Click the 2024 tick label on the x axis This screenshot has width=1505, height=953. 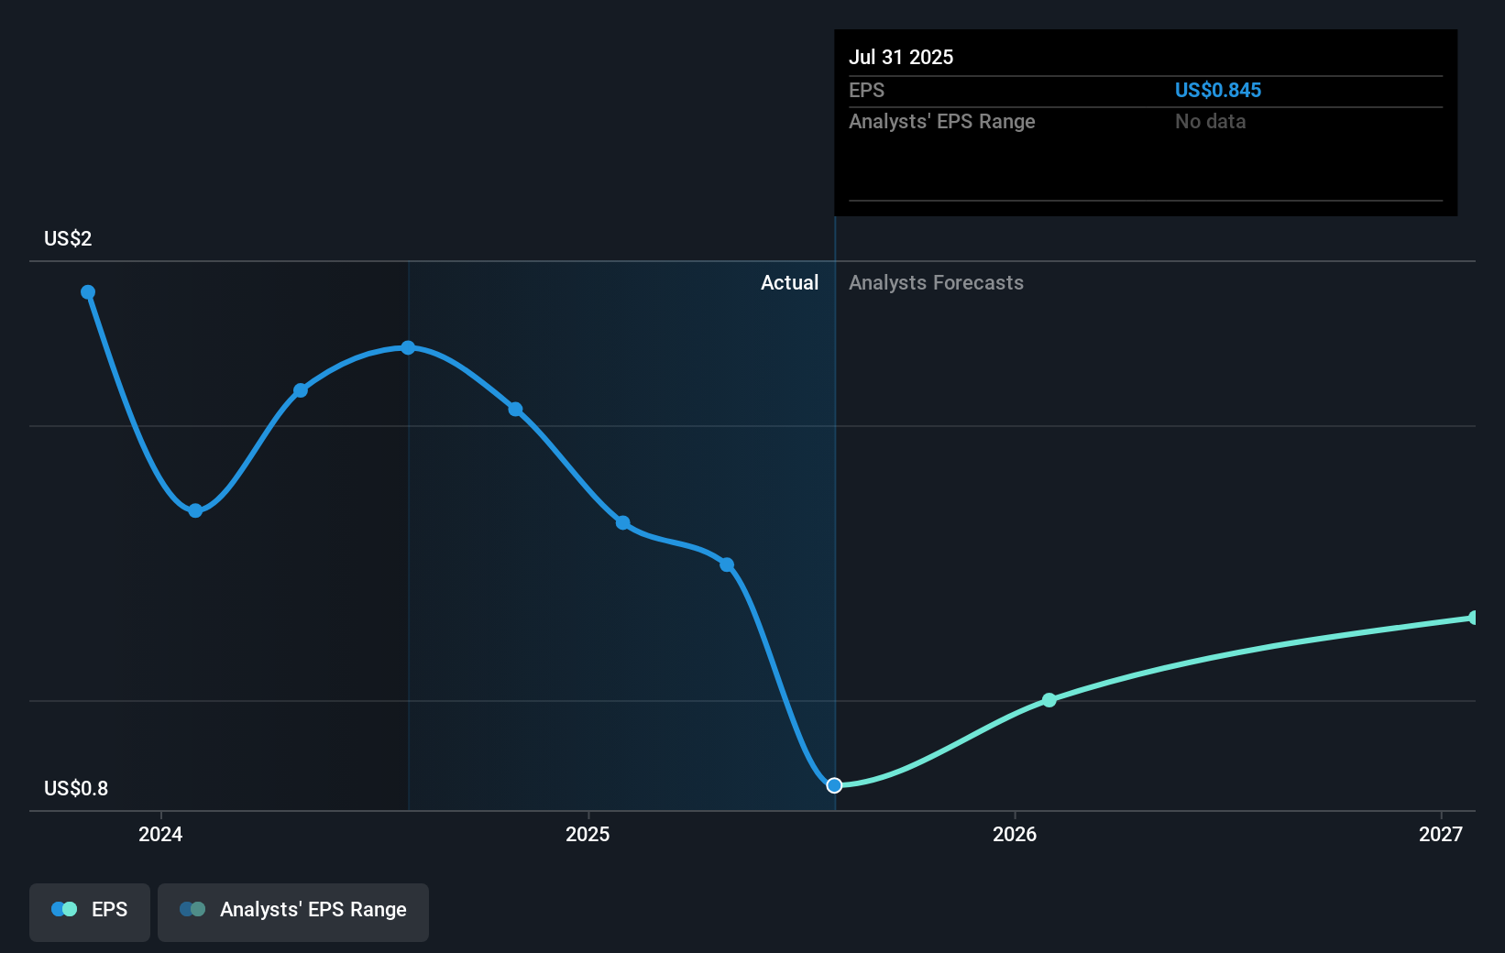tap(160, 834)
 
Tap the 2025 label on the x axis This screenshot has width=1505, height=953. tap(588, 834)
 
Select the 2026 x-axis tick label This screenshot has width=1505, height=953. tap(1015, 834)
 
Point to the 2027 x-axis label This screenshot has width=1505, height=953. tap(1441, 834)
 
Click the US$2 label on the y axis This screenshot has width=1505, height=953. tap(68, 239)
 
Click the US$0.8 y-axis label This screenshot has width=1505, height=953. tap(76, 789)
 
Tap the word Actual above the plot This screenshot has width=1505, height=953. tap(789, 283)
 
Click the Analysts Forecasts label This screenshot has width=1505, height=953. tap(936, 283)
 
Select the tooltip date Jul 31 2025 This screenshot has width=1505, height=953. tap(901, 57)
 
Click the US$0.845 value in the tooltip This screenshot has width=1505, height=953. tap(1217, 90)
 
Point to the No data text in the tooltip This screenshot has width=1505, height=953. tap(1210, 122)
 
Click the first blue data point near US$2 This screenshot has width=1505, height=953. tap(88, 292)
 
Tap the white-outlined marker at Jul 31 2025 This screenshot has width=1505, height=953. tap(834, 785)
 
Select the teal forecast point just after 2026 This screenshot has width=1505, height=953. tap(1049, 700)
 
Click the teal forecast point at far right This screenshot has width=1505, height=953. tap(1474, 618)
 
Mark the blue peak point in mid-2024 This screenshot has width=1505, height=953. tap(408, 348)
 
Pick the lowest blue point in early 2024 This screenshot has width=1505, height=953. tap(195, 510)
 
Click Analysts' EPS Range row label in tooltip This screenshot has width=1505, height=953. tap(941, 122)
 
